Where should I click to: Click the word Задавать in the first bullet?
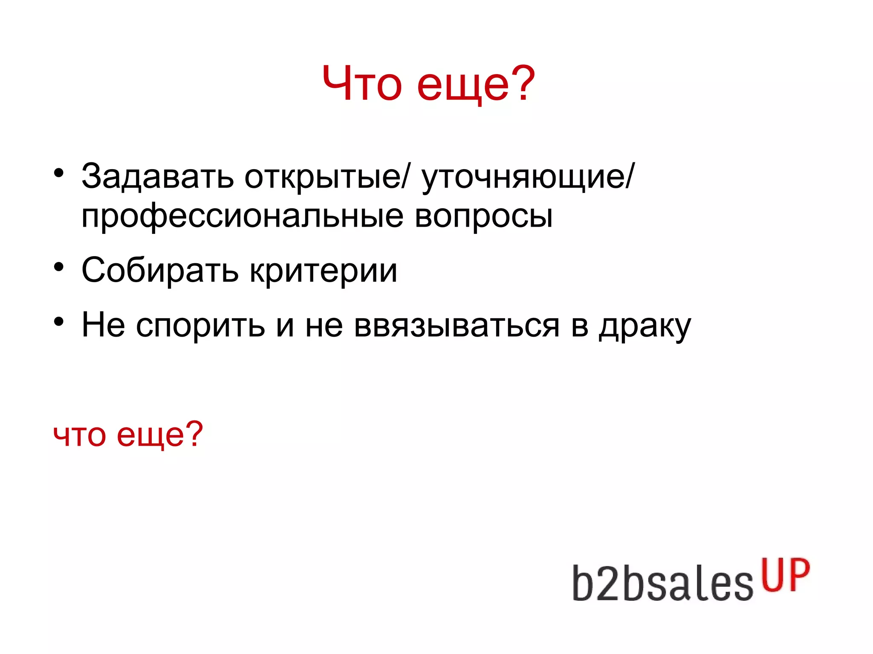pyautogui.click(x=157, y=176)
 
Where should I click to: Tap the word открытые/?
pyautogui.click(x=326, y=176)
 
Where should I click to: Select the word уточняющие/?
pyautogui.click(x=528, y=176)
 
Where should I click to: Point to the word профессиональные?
pyautogui.click(x=242, y=216)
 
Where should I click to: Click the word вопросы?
pyautogui.click(x=483, y=216)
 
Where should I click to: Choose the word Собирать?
pyautogui.click(x=160, y=270)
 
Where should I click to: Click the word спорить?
pyautogui.click(x=200, y=325)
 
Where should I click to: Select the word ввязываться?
pyautogui.click(x=456, y=325)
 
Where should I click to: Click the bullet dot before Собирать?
pyautogui.click(x=59, y=267)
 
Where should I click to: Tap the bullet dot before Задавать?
pyautogui.click(x=59, y=173)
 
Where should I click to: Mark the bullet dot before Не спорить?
pyautogui.click(x=59, y=321)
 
